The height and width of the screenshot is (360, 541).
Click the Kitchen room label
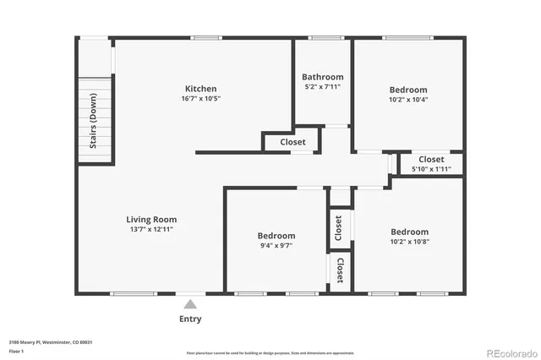201,89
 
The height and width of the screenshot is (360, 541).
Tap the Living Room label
152,220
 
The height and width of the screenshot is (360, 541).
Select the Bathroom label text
323,77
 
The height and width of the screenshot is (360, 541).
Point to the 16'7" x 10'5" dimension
201,99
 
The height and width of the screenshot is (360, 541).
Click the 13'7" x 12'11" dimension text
152,230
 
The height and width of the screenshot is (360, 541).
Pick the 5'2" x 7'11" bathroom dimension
323,87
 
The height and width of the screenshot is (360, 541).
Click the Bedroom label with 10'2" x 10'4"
408,90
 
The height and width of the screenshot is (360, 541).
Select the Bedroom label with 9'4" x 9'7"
276,236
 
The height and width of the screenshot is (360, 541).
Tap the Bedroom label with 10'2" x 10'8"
409,232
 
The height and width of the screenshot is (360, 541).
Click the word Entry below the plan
190,319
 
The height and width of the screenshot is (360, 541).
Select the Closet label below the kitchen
292,142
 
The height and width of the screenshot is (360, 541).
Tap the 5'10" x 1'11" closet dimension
431,169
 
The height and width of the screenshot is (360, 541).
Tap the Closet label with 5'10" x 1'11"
431,159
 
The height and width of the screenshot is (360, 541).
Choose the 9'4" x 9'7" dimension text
276,246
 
